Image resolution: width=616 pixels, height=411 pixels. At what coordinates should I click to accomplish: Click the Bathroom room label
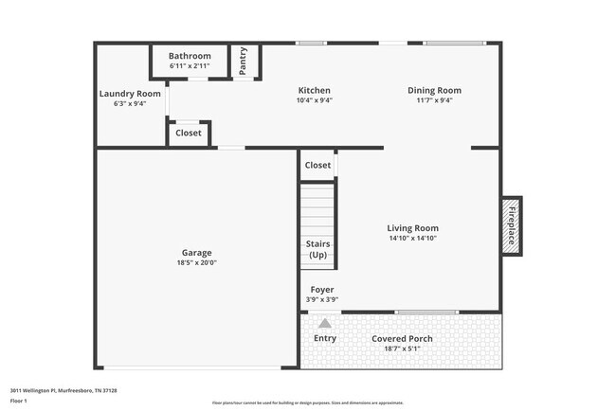click(190, 56)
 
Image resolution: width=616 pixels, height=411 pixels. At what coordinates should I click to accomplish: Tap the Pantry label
click(244, 62)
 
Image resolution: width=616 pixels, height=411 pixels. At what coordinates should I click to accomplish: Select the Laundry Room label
click(130, 94)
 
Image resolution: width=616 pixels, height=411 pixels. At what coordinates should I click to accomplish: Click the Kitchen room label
click(314, 91)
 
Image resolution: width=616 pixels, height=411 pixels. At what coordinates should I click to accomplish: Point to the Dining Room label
click(434, 91)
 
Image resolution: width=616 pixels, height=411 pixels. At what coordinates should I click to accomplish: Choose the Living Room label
click(412, 228)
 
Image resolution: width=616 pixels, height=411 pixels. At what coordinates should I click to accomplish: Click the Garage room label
click(197, 253)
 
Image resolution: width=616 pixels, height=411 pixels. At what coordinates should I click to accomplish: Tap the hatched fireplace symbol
click(510, 224)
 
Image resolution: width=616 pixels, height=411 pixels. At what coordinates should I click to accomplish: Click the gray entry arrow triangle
click(324, 323)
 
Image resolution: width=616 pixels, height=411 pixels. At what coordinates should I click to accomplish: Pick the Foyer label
click(322, 290)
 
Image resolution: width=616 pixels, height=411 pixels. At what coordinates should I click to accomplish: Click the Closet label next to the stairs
click(317, 165)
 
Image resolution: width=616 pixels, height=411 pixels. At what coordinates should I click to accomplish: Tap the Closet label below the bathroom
click(189, 134)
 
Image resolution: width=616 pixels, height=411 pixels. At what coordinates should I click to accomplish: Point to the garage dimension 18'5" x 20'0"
click(197, 263)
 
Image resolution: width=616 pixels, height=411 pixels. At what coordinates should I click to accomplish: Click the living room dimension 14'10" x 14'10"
click(412, 239)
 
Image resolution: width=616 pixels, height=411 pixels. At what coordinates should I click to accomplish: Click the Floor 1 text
click(19, 401)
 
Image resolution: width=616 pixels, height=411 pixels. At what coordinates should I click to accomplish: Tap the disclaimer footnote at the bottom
click(307, 403)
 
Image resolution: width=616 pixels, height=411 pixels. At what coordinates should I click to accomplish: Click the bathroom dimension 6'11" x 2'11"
click(190, 66)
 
